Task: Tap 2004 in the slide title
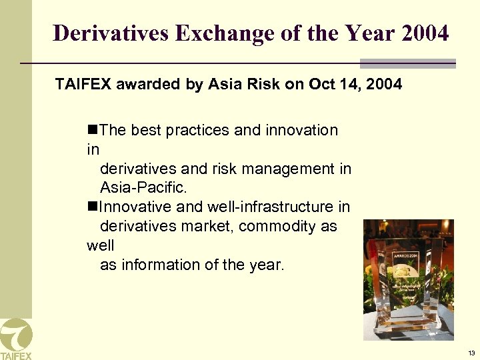click(x=425, y=33)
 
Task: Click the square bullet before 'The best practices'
click(x=92, y=130)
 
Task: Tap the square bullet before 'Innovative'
click(x=92, y=207)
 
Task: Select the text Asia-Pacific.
click(x=143, y=188)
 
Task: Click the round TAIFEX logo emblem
click(x=15, y=333)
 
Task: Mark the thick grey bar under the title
click(x=407, y=64)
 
